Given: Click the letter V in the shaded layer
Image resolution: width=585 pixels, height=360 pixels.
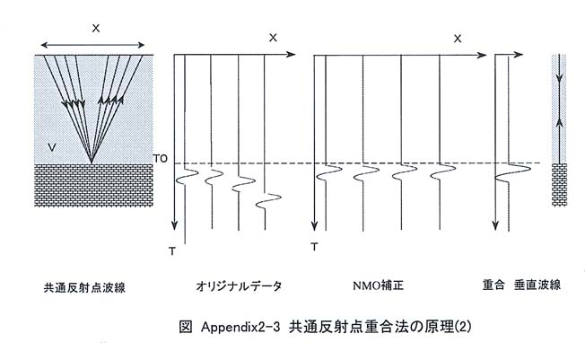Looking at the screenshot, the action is [x=52, y=147].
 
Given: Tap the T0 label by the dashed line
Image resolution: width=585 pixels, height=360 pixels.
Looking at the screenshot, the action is [x=161, y=159].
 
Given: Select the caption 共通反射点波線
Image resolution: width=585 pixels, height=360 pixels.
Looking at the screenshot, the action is [x=84, y=287].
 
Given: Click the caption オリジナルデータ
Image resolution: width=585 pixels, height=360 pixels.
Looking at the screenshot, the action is [x=239, y=286].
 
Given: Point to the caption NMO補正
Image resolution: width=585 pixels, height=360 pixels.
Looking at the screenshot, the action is [x=378, y=285].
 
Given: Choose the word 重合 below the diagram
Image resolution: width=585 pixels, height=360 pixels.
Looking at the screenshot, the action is [x=493, y=285].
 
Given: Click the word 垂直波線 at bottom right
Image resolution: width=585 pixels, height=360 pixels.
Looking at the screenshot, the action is [x=537, y=285].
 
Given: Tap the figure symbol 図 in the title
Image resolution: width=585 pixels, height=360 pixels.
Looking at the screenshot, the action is [x=186, y=327].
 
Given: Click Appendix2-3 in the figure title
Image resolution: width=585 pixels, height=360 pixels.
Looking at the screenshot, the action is [x=240, y=328].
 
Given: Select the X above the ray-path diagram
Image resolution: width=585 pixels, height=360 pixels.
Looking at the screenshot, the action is [x=96, y=28].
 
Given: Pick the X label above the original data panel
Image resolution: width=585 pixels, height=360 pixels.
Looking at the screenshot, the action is [x=273, y=38].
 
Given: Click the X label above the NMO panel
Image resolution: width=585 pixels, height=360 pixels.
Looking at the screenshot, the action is [x=458, y=39].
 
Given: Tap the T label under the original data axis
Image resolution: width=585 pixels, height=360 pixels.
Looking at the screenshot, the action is [x=172, y=251].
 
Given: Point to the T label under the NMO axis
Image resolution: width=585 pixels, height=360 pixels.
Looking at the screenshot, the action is [x=315, y=247].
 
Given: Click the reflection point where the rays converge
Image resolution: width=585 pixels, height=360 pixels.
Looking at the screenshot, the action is [x=92, y=162].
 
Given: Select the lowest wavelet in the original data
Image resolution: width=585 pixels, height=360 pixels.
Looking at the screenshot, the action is [x=268, y=201].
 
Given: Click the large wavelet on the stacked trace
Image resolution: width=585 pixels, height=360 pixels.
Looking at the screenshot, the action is [x=512, y=172].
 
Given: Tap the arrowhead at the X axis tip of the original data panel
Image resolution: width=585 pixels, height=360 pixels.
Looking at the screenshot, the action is [x=291, y=55].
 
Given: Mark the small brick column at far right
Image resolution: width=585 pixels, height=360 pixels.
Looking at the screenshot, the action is [x=559, y=184].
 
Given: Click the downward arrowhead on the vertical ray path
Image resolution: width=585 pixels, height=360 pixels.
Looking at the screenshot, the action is [x=559, y=79].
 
